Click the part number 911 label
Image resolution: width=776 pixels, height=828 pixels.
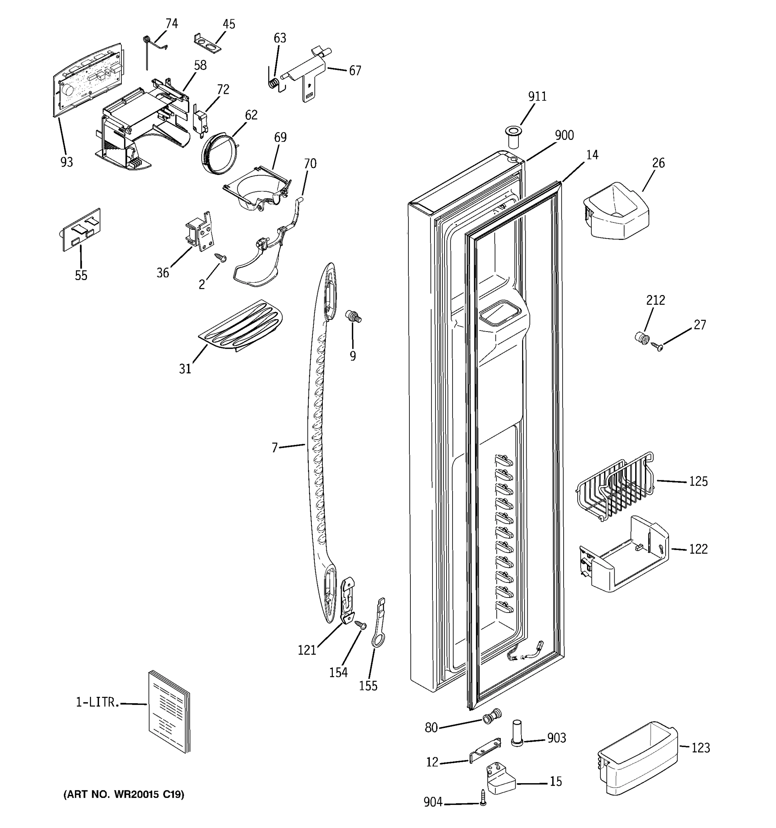[537, 96]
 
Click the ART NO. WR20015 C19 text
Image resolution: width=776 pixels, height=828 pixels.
[124, 794]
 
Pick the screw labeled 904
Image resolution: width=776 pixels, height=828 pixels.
[483, 798]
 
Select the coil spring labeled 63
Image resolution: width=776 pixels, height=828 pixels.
[273, 82]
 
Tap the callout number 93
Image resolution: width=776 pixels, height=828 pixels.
[67, 162]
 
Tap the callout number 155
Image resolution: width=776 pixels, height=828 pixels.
[368, 686]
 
